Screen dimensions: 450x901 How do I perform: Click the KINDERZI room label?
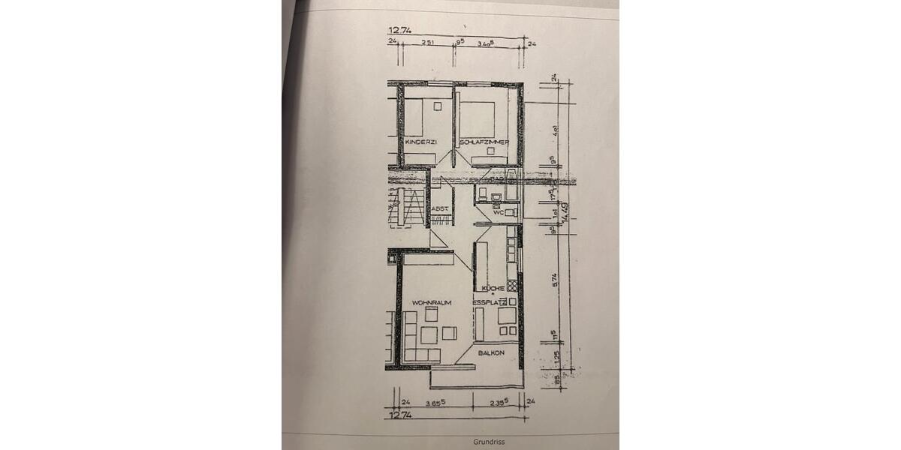pos(420,142)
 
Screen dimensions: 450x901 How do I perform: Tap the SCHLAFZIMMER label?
pos(484,142)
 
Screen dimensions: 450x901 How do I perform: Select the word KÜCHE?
pos(493,289)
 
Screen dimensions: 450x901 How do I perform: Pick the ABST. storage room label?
pos(441,208)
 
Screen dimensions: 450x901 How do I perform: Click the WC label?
pos(498,213)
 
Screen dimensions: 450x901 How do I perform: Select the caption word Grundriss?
pos(489,442)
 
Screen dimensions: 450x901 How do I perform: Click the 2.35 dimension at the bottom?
pos(499,403)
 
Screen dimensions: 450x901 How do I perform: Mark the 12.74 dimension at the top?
pos(396,31)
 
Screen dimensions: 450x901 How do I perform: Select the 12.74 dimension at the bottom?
pos(396,414)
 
